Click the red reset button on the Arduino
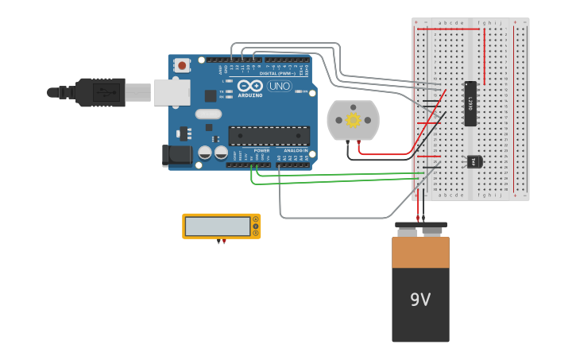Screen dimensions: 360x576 [x=182, y=65]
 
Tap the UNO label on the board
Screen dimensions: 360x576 [x=279, y=86]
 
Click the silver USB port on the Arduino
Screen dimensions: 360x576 [x=172, y=92]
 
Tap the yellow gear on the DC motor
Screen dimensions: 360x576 [x=353, y=120]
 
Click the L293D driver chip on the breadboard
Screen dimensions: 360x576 [x=470, y=103]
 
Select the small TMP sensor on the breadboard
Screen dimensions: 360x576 [x=474, y=161]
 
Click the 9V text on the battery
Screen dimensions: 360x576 [x=420, y=300]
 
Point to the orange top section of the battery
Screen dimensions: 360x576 [x=420, y=252]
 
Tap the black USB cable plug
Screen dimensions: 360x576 [x=99, y=92]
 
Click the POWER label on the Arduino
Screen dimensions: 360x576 [x=261, y=150]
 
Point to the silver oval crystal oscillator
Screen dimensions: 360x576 [x=207, y=114]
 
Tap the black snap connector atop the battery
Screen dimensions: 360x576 [x=420, y=226]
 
